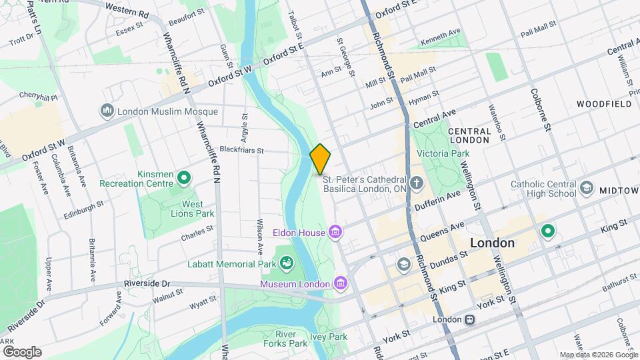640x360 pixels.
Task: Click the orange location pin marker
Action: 320,159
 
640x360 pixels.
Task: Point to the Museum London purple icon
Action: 341,283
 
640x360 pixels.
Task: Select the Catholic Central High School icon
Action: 586,188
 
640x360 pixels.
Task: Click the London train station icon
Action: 471,320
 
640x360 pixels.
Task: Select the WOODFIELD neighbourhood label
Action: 604,105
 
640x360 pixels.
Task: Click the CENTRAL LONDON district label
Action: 470,136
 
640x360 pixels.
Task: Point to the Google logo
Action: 21,351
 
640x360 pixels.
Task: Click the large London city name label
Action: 493,243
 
